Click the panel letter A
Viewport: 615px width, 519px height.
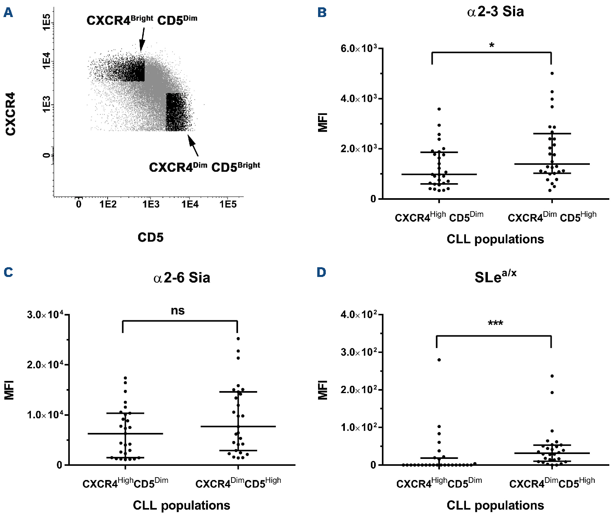point(8,13)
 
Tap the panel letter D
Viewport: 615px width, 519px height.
point(321,272)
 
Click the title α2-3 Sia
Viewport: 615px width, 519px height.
point(495,12)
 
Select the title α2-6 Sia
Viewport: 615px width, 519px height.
point(182,278)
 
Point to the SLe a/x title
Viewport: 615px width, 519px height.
point(495,277)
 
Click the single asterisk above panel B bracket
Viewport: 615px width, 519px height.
point(492,45)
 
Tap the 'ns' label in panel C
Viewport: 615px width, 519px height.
point(178,311)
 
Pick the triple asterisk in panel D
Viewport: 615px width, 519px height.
point(495,324)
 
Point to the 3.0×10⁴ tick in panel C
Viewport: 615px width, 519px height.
point(45,315)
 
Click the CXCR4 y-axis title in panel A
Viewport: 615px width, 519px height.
point(11,114)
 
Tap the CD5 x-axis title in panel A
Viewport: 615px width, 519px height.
point(150,237)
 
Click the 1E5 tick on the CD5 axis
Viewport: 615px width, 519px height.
point(228,204)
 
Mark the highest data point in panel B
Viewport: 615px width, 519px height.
point(552,74)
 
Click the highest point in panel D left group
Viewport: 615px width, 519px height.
point(439,360)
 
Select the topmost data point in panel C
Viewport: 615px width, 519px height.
point(238,338)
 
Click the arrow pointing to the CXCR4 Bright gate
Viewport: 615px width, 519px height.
point(142,39)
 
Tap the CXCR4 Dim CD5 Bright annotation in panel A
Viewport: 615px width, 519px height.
point(204,167)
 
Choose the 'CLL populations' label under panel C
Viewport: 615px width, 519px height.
point(182,505)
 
